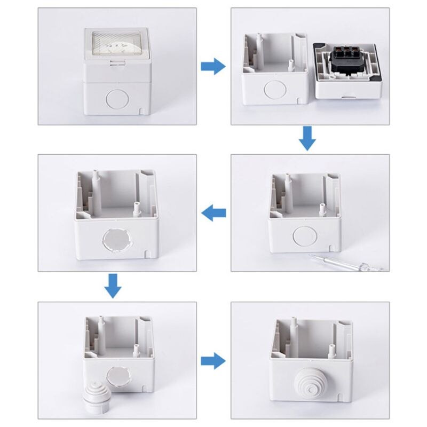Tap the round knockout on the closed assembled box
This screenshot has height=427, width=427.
[x=114, y=98]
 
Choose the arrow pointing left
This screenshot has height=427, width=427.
[x=213, y=213]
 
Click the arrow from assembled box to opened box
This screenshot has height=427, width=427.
[x=213, y=67]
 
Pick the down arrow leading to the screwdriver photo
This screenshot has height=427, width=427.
[x=306, y=138]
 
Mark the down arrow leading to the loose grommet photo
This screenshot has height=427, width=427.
[x=112, y=286]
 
